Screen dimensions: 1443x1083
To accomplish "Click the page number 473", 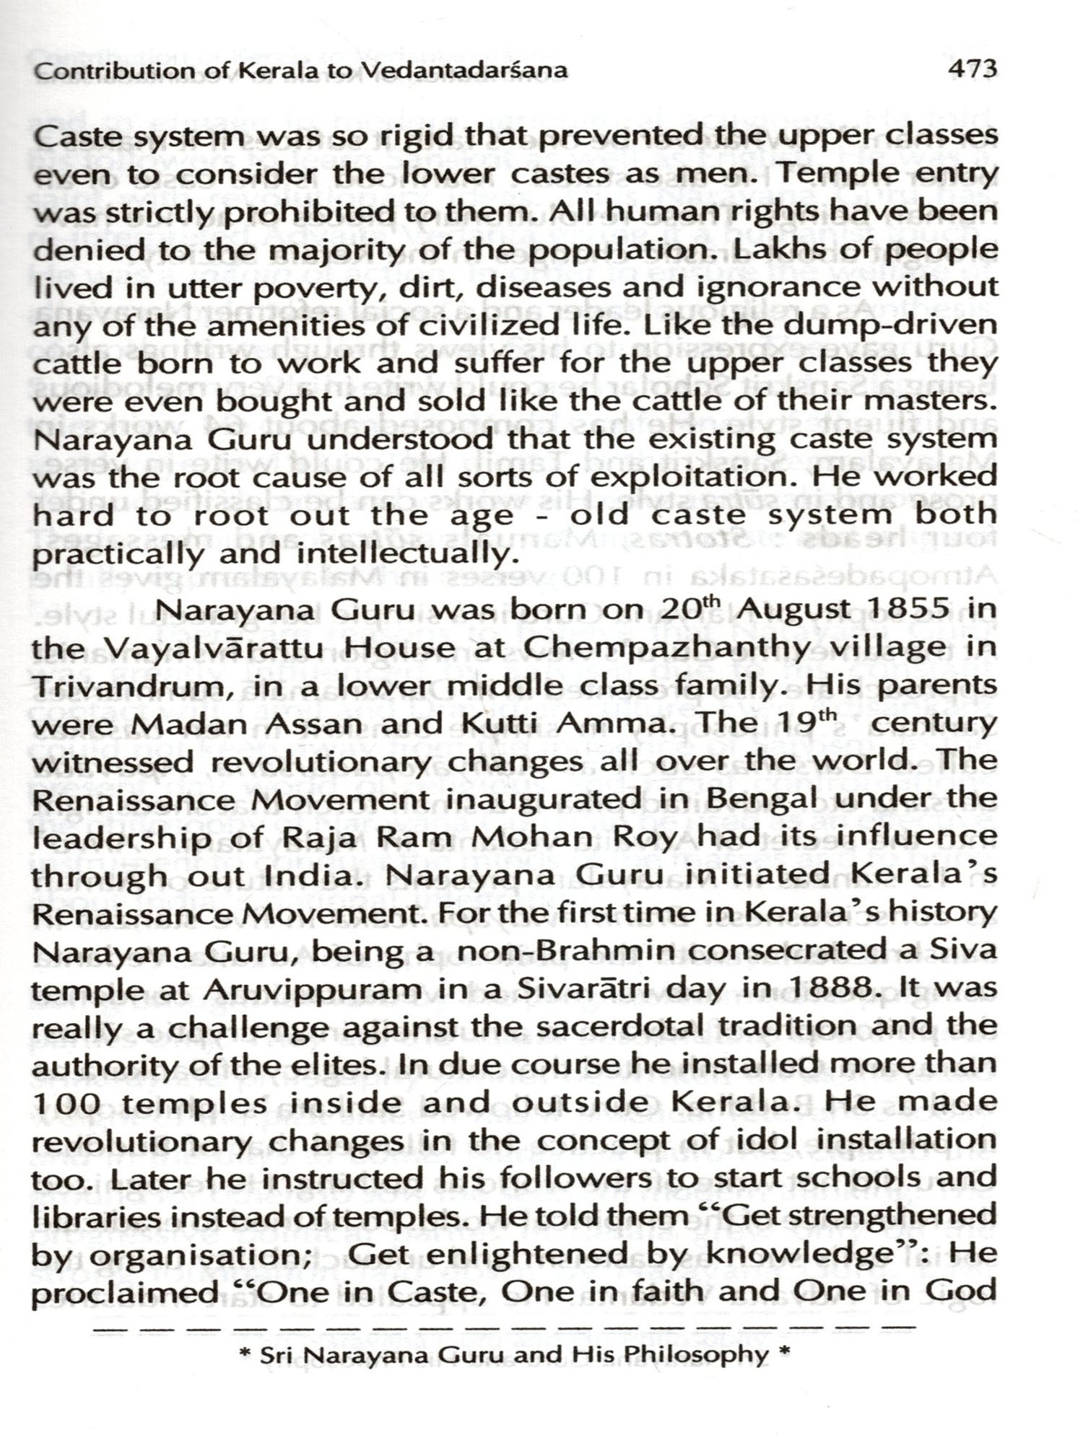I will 973,69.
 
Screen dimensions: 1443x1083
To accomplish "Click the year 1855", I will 907,610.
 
